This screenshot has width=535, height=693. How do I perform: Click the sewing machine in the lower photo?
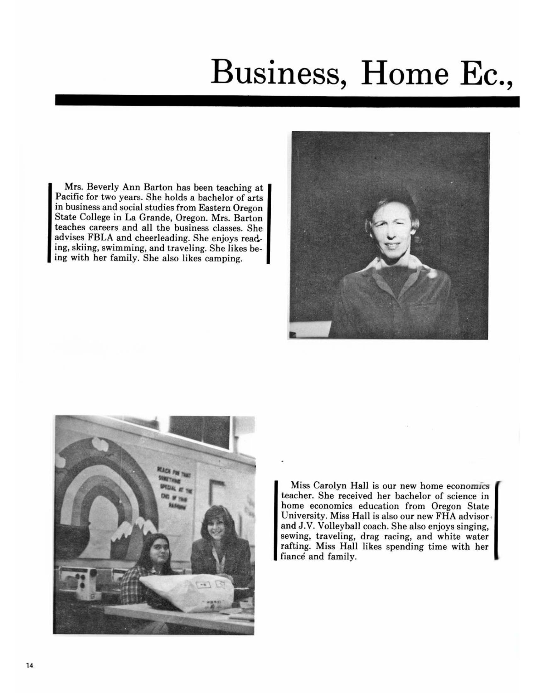pyautogui.click(x=79, y=578)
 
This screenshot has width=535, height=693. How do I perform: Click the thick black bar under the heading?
pyautogui.click(x=287, y=100)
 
